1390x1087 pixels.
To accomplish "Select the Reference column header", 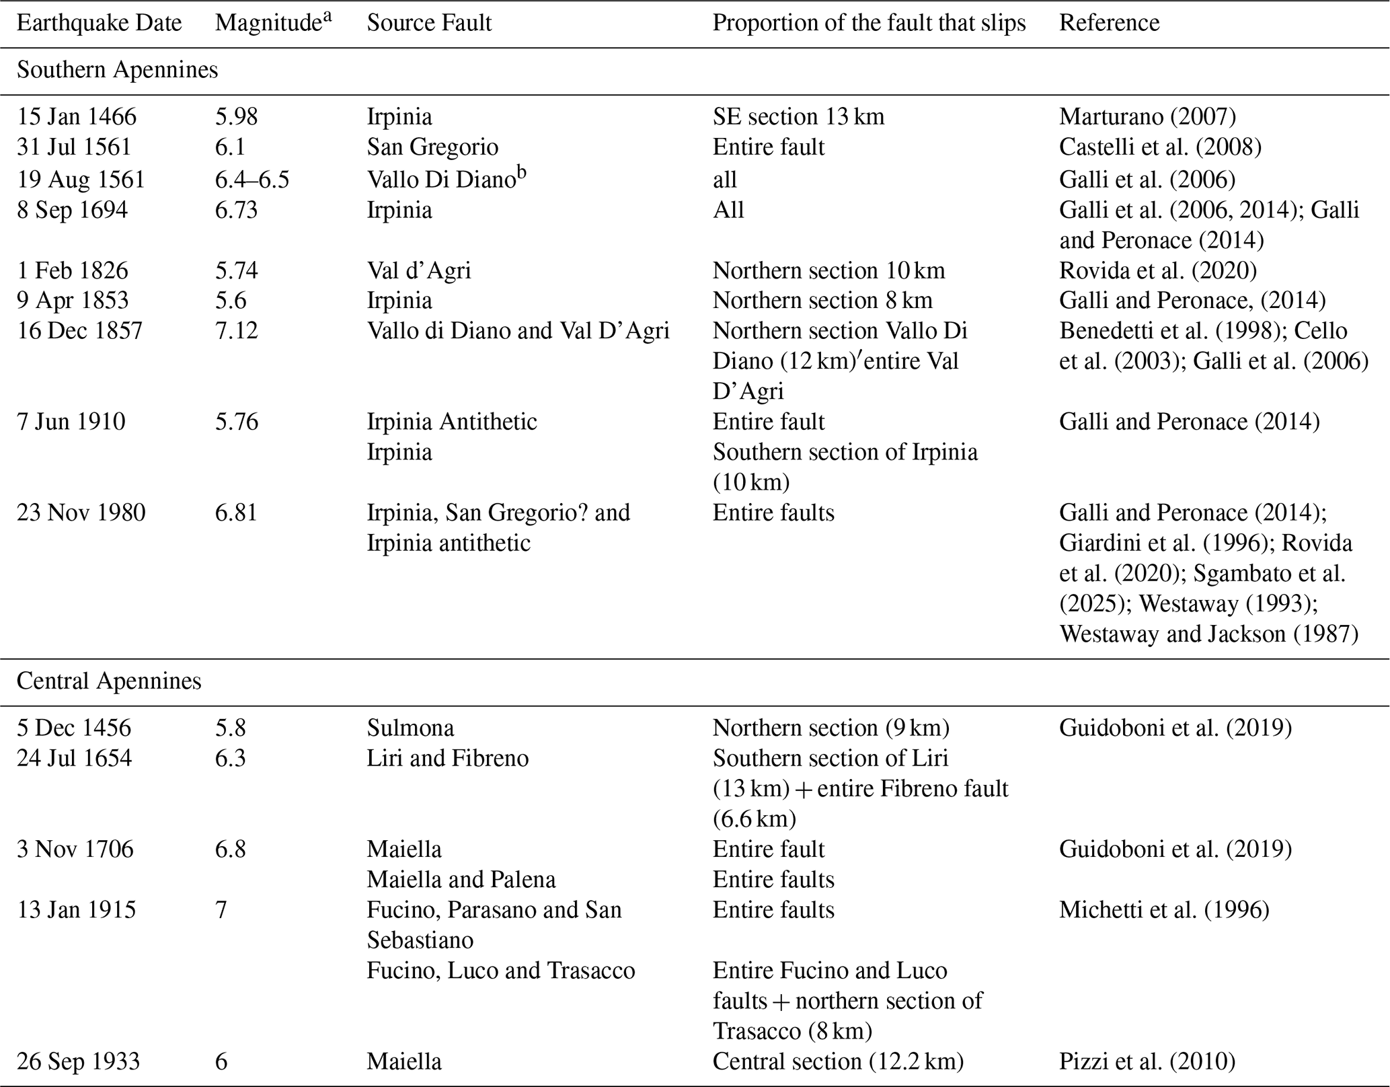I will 1109,23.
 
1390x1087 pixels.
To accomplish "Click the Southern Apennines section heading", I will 117,70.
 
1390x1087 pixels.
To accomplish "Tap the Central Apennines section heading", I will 109,681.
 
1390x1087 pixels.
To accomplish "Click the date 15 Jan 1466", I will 77,116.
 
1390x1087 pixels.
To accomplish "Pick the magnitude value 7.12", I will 236,330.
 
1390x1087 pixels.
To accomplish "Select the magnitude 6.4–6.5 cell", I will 252,180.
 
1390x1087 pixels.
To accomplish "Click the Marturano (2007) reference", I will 1147,116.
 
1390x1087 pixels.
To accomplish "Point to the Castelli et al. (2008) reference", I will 1160,147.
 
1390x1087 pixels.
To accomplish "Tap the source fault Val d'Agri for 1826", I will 418,270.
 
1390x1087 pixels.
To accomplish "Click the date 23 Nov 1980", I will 81,513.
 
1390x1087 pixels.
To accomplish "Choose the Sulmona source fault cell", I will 410,728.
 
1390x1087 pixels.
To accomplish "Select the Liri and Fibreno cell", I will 447,758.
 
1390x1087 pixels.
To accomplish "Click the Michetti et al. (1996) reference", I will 1164,909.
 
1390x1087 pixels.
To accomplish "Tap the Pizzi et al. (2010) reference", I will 1147,1061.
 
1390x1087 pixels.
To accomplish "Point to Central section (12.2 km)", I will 838,1061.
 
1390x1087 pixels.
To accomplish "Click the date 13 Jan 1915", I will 76,909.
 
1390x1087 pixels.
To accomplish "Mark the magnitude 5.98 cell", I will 236,116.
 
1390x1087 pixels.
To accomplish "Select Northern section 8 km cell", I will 822,300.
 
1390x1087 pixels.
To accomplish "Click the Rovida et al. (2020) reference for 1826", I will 1157,270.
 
